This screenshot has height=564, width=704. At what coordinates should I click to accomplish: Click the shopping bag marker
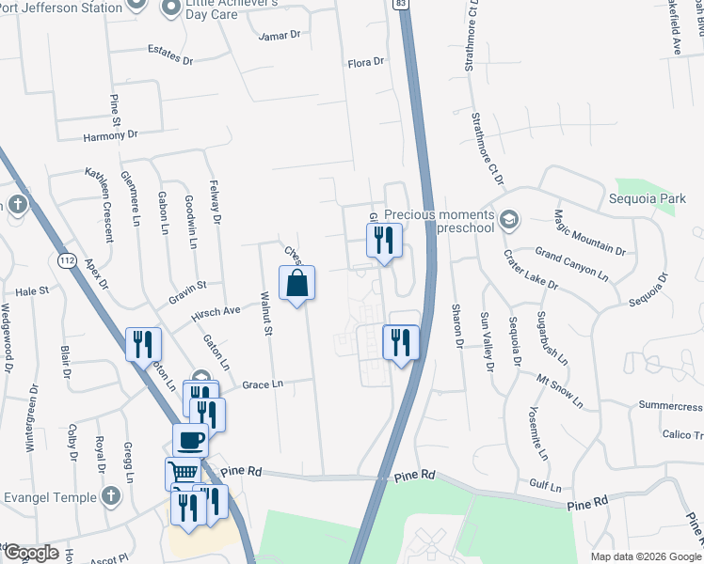pos(296,283)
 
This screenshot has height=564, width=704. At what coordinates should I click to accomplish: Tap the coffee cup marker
pos(191,439)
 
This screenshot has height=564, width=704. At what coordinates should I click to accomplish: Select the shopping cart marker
pos(183,472)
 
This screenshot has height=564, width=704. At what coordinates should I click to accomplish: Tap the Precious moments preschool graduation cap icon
pos(509,220)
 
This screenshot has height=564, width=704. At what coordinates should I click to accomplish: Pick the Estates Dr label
pos(169,55)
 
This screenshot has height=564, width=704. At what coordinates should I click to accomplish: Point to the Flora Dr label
pos(366,62)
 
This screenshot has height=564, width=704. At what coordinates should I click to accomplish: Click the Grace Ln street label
pos(262,384)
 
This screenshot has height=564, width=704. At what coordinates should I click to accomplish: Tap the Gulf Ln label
pos(545,488)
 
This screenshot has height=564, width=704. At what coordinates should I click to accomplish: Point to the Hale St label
pos(31,292)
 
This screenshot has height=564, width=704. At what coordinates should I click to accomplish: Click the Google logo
pos(30,552)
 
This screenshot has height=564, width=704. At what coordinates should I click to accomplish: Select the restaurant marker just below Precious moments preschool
pos(383,240)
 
